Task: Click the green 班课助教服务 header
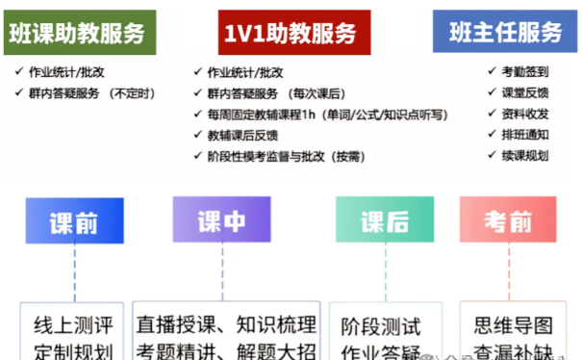83,33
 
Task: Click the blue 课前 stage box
74,222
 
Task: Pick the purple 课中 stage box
222,220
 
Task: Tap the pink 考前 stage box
508,221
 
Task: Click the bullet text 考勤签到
525,71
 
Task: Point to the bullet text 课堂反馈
525,92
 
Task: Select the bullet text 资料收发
525,114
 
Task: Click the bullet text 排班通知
525,135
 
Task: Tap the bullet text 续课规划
525,156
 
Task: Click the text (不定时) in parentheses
132,93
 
